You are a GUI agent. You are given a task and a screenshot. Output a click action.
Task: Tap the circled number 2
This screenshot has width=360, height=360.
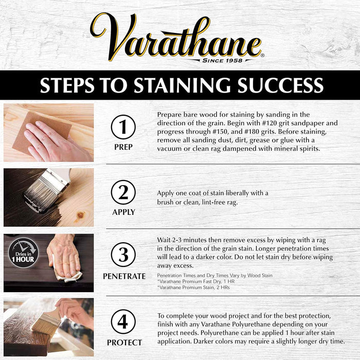(x=123, y=192)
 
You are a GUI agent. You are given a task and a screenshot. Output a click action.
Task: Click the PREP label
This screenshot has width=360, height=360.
(x=123, y=147)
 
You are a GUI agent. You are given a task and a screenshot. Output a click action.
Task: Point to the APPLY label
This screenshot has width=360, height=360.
(x=123, y=212)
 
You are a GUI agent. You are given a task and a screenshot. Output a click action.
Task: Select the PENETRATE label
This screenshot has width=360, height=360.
(x=124, y=276)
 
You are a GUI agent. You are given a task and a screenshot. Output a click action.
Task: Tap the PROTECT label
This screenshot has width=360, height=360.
(x=124, y=342)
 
